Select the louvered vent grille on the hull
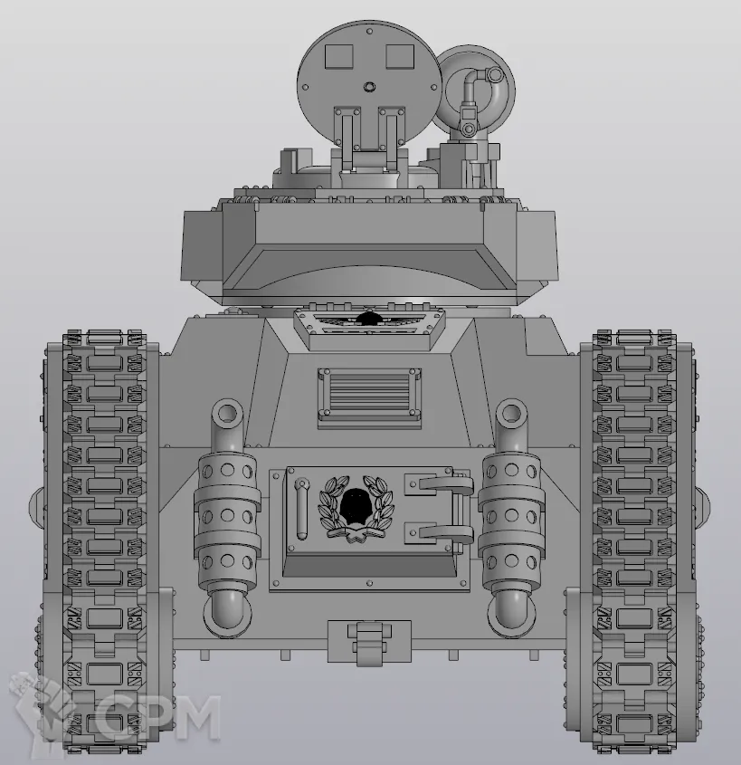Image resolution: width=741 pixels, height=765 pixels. click(369, 393)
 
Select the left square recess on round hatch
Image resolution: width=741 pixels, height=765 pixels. click(338, 56)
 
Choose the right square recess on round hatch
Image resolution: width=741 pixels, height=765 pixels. click(400, 56)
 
